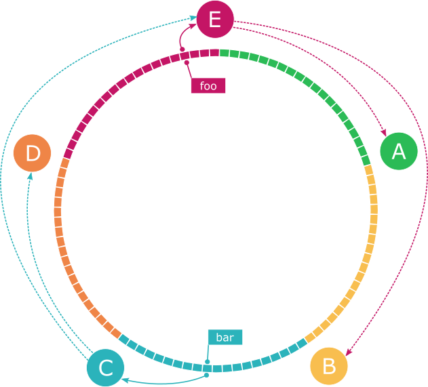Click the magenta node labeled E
pos(215,19)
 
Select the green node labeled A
pos(399,152)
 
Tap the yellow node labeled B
pos(329,367)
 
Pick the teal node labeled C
pos(105,368)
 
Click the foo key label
pos(208,86)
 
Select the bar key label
pos(225,337)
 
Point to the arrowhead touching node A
pos(384,133)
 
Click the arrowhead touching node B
pos(348,352)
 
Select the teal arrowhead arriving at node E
pos(195,20)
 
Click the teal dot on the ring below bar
pos(208,369)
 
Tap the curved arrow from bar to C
pos(170,382)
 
